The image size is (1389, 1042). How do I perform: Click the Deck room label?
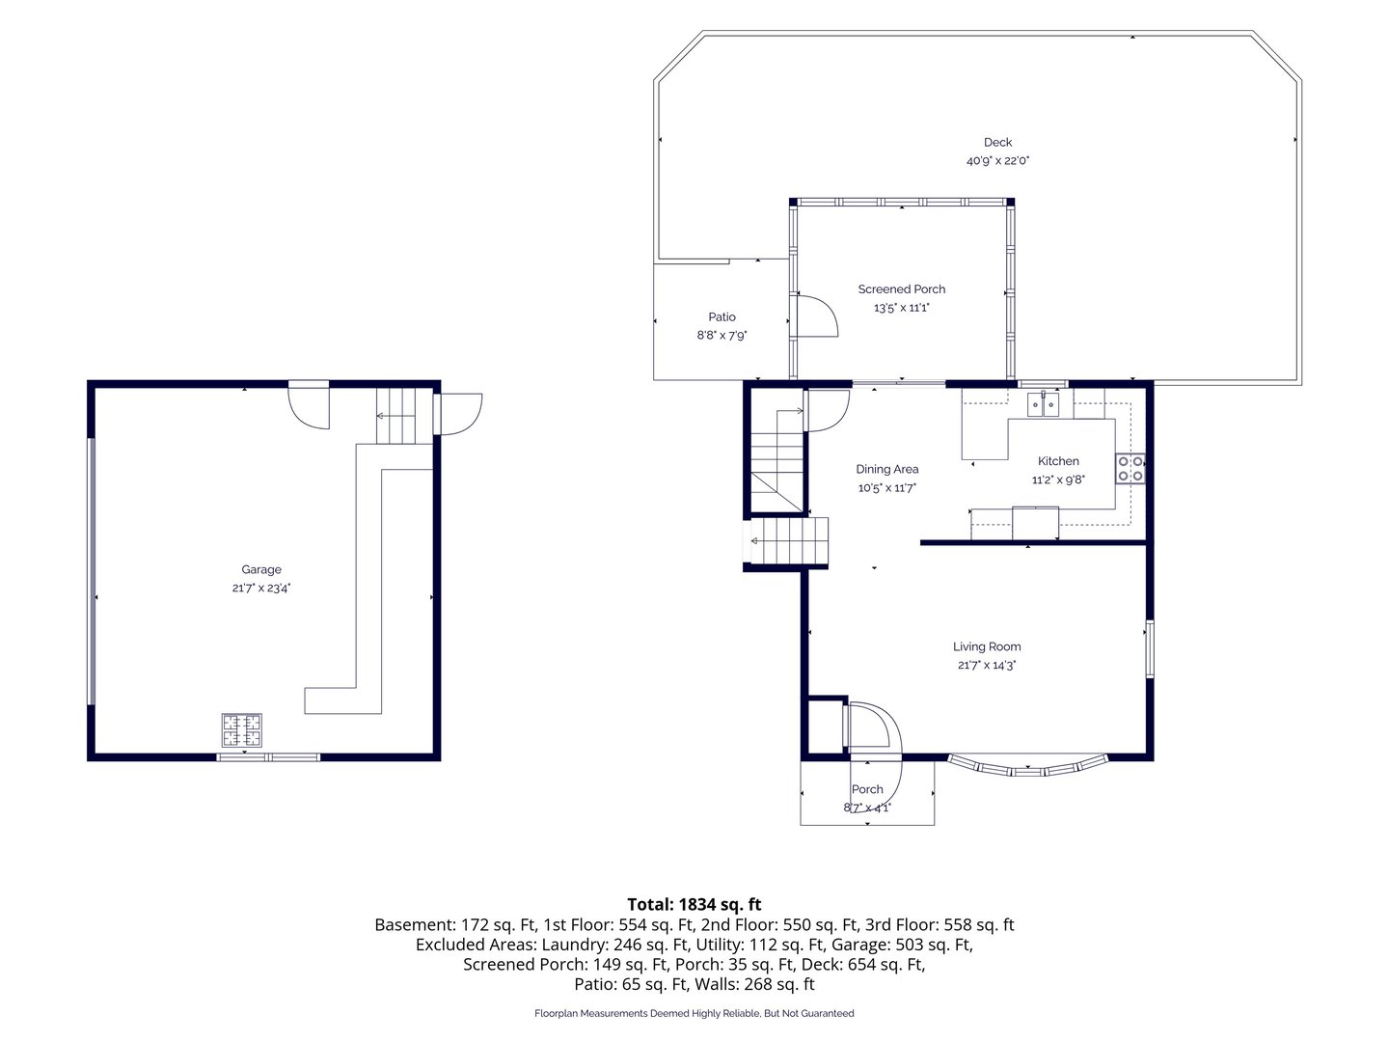(x=997, y=143)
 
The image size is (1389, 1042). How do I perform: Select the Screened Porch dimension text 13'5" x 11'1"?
(x=901, y=308)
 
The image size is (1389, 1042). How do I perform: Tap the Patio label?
(x=722, y=317)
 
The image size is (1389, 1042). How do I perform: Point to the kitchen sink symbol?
(x=1042, y=404)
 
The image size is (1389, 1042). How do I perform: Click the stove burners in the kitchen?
(x=1130, y=469)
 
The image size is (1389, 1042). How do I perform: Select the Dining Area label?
(x=886, y=470)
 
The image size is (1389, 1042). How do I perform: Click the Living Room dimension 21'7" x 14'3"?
(x=987, y=665)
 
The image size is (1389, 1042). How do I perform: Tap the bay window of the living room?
(x=1027, y=767)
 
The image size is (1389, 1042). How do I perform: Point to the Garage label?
(x=261, y=569)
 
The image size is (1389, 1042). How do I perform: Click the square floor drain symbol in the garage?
(x=242, y=730)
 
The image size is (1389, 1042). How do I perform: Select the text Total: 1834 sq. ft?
(x=694, y=904)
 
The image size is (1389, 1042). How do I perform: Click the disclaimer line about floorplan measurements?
(x=694, y=1013)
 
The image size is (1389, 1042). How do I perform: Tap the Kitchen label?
(x=1058, y=461)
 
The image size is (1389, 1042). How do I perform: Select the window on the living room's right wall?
(x=1149, y=649)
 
